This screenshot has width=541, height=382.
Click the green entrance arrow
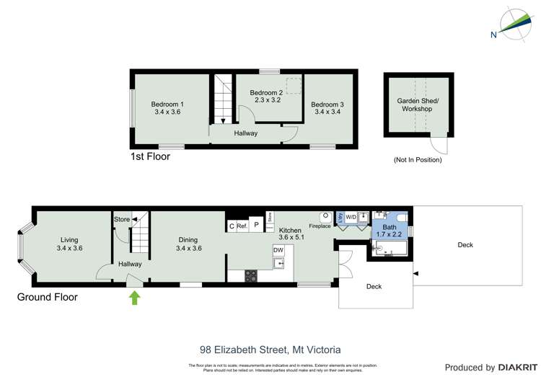click(x=134, y=297)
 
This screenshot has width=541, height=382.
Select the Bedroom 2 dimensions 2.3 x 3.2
click(x=265, y=101)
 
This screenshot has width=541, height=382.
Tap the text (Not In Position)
click(x=418, y=159)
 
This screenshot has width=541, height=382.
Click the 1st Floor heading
click(x=150, y=156)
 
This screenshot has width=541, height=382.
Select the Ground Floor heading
click(x=48, y=297)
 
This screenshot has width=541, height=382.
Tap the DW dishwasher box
click(x=278, y=250)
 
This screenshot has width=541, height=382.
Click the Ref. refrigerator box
click(x=242, y=226)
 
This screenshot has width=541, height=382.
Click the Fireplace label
click(x=320, y=226)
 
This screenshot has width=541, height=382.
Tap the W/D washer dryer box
click(x=351, y=216)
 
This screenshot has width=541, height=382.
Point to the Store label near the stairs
click(x=121, y=219)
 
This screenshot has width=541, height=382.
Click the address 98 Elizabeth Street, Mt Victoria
click(x=270, y=350)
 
